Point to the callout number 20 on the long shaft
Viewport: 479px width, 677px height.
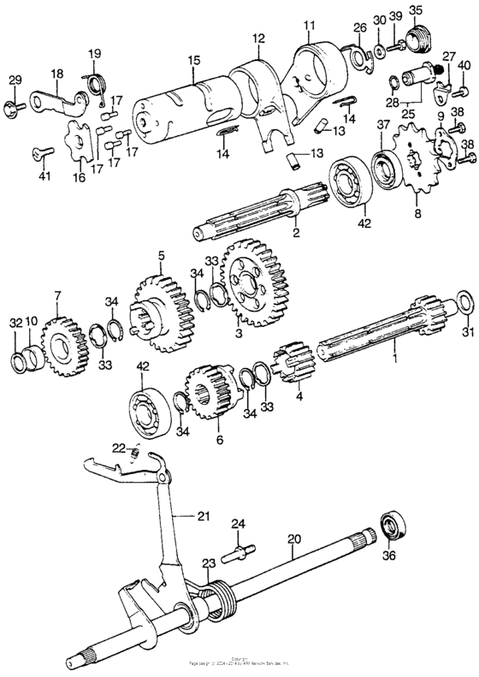[x=293, y=540]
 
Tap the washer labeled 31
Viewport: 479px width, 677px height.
[x=465, y=302]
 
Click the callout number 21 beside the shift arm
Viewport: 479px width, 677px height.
[x=202, y=515]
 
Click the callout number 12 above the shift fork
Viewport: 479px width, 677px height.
[x=258, y=39]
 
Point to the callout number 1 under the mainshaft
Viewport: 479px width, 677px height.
[x=396, y=350]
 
